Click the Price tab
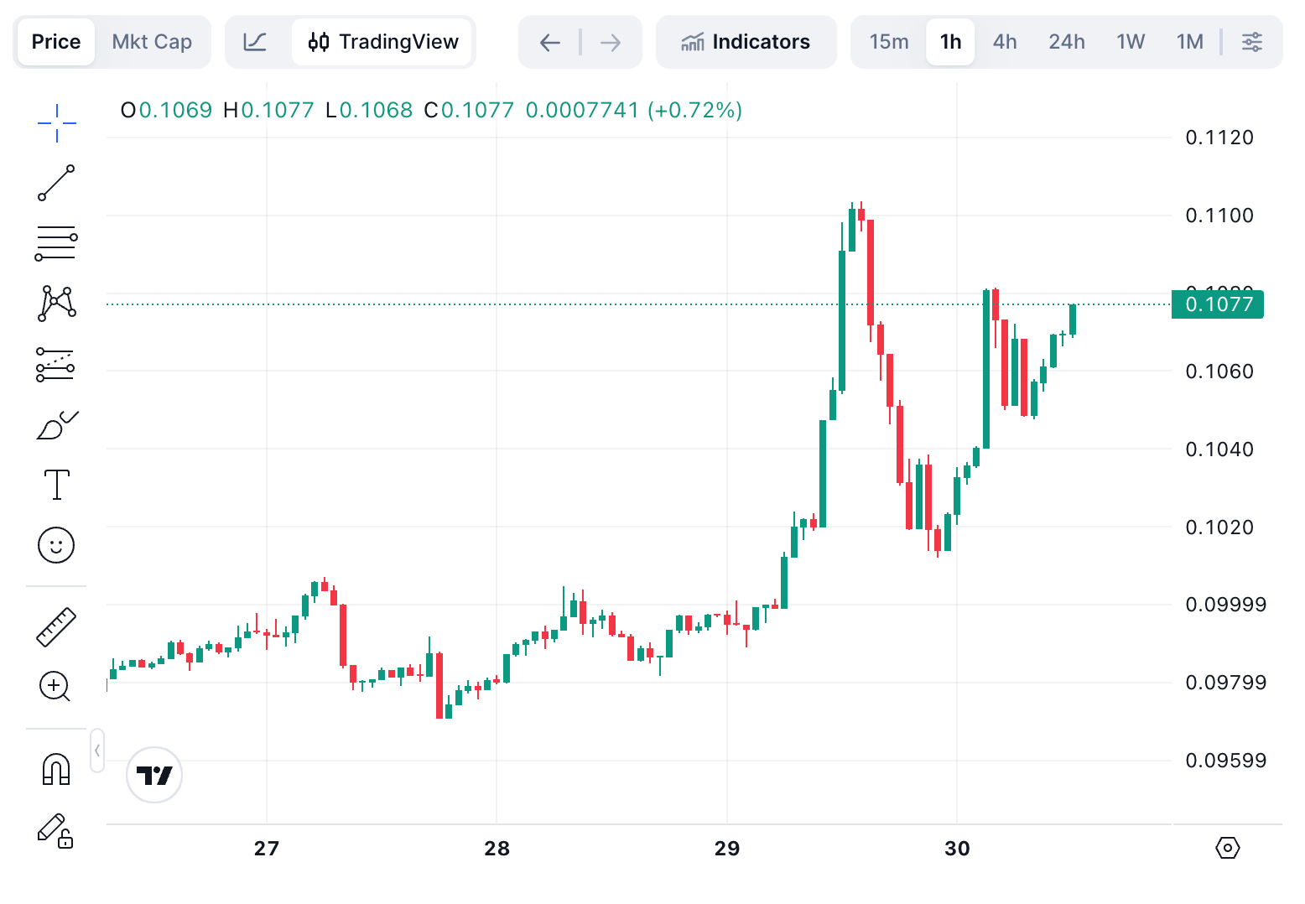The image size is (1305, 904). (x=56, y=42)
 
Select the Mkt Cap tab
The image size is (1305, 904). (x=152, y=42)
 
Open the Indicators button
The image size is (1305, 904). (x=746, y=42)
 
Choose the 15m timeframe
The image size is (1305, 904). (x=888, y=42)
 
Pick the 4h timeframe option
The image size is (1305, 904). (x=1004, y=42)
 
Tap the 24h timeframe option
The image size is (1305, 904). (x=1066, y=42)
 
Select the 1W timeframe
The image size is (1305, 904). (x=1131, y=42)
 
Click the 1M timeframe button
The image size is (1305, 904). (x=1189, y=42)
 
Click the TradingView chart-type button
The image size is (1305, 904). (x=383, y=42)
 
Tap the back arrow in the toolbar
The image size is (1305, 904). (x=549, y=42)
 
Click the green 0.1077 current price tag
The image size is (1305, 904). (x=1218, y=304)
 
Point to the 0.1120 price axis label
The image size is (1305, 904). (x=1219, y=138)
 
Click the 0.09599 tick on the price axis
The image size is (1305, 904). (x=1225, y=761)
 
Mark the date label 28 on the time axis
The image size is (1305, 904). (x=497, y=849)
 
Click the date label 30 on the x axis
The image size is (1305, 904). (x=957, y=849)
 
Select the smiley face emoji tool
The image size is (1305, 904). (x=56, y=545)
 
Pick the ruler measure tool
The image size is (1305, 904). (x=56, y=626)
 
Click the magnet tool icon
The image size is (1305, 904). (x=56, y=769)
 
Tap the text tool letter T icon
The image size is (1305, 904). (x=56, y=485)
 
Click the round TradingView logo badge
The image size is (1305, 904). (x=154, y=775)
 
